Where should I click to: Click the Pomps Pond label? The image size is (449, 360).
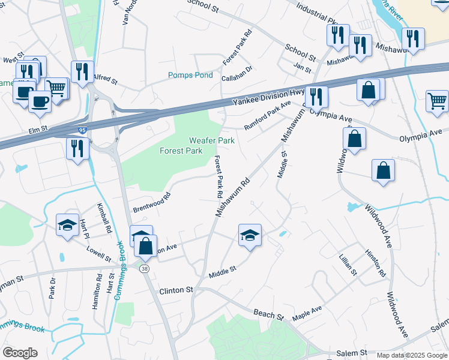click(190, 76)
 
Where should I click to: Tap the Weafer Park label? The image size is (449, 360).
click(211, 140)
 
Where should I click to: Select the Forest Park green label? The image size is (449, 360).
click(181, 151)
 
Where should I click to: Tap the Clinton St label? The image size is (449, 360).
click(176, 290)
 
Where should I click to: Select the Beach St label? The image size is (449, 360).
click(268, 314)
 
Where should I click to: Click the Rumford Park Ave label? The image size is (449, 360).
click(267, 115)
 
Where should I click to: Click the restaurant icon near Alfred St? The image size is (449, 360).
click(82, 70)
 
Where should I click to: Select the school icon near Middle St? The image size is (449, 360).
click(250, 234)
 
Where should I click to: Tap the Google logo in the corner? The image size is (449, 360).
click(20, 353)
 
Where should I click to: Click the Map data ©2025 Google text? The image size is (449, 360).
click(412, 355)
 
